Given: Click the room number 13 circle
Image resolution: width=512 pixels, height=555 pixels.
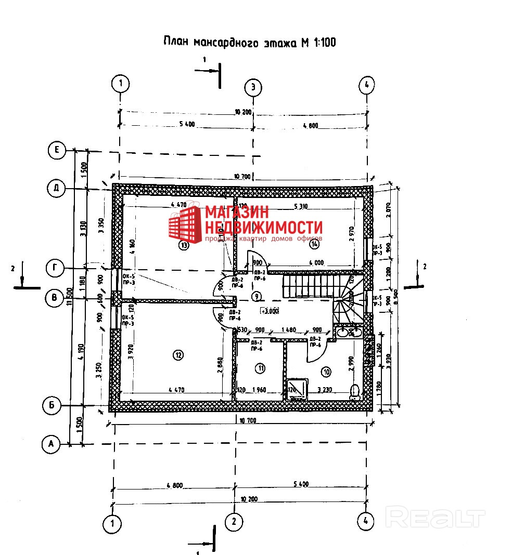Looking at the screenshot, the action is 183,245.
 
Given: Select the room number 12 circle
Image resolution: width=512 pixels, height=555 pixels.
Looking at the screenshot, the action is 178,355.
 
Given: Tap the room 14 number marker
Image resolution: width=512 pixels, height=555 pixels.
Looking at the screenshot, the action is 314,243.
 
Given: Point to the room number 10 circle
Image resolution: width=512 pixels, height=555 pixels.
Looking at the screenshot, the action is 326,372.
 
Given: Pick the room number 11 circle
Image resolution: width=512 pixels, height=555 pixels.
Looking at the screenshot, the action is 260,368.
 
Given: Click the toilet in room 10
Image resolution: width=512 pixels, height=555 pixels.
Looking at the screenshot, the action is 356,391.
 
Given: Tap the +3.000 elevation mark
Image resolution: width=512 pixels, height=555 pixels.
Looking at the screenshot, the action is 271,311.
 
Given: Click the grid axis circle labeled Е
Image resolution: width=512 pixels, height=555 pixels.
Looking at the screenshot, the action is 56,151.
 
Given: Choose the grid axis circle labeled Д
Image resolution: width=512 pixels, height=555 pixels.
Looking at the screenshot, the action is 56,188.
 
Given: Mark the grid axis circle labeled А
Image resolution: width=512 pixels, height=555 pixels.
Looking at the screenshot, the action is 50,444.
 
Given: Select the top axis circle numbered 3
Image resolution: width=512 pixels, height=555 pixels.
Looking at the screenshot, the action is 253,87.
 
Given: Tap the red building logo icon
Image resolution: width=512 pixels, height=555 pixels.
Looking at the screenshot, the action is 185,224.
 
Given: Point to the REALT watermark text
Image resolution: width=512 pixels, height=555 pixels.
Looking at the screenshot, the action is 436,518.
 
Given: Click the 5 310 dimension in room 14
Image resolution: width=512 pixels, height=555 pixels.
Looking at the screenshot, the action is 301,206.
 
